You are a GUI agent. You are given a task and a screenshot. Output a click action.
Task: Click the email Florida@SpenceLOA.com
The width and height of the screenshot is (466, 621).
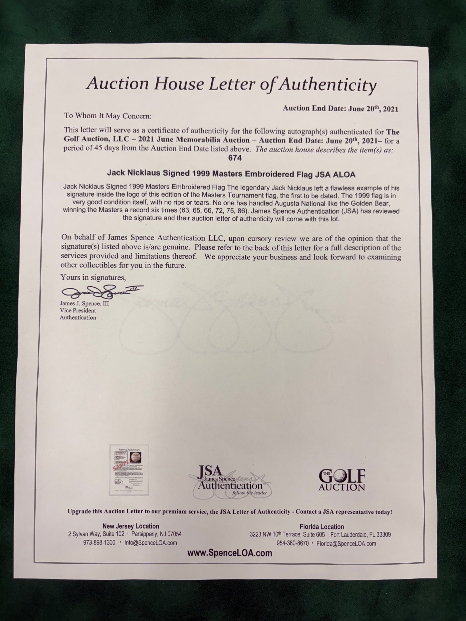click(346, 544)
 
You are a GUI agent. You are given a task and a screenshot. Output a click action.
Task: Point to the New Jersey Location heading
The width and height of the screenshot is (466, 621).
click(131, 526)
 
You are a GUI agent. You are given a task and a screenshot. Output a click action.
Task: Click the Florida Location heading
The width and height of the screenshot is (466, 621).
click(322, 527)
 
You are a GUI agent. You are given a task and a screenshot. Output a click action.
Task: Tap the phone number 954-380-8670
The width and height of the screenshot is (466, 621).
click(292, 544)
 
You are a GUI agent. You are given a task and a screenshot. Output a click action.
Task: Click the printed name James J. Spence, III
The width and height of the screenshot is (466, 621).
click(84, 304)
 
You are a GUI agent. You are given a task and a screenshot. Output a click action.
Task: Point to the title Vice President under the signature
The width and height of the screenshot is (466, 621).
click(78, 311)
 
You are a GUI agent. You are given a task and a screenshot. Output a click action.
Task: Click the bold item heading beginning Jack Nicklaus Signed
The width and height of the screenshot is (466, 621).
click(231, 175)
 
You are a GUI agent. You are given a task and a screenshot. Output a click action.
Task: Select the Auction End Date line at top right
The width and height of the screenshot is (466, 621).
click(340, 109)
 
